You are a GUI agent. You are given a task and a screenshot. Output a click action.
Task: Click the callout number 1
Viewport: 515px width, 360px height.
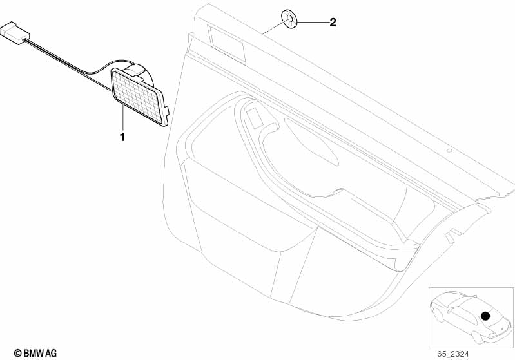click(122, 137)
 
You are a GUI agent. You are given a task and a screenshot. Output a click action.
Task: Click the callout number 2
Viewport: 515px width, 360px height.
click(333, 23)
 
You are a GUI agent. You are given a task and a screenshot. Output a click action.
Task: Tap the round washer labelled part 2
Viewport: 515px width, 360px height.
click(289, 19)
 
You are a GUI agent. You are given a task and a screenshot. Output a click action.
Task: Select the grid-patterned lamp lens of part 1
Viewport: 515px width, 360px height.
click(137, 96)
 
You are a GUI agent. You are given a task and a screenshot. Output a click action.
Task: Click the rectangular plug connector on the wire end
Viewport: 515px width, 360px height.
click(15, 33)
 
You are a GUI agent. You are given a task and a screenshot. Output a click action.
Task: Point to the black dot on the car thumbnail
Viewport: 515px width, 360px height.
click(485, 316)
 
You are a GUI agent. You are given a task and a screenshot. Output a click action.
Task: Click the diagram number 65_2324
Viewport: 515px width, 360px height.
click(453, 354)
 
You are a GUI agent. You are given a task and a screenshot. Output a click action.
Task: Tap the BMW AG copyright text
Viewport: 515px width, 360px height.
click(35, 353)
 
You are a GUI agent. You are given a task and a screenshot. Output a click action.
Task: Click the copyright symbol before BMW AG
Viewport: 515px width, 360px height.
click(18, 353)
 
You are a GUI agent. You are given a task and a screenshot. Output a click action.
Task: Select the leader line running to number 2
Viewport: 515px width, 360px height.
click(313, 23)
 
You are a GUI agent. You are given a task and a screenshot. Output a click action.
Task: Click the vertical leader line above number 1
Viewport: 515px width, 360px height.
click(123, 117)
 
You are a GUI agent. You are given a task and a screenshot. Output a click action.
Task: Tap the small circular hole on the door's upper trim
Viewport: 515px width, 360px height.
click(450, 151)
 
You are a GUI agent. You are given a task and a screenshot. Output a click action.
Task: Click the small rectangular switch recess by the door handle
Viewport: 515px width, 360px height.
click(255, 118)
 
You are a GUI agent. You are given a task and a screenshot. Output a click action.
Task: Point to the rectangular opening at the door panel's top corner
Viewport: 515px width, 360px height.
click(227, 44)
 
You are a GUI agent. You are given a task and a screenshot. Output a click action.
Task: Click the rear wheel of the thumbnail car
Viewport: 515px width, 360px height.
click(478, 337)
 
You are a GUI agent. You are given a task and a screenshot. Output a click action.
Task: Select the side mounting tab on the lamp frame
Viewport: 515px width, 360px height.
click(166, 111)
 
